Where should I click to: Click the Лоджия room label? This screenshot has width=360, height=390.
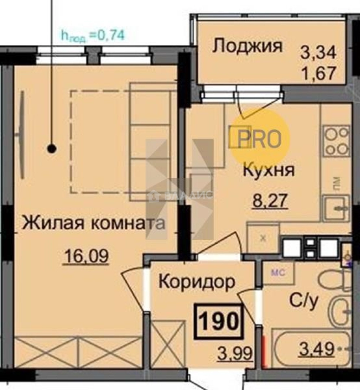click(247, 47)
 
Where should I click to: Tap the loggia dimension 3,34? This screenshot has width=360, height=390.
click(318, 53)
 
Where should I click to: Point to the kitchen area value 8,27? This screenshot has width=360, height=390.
click(270, 201)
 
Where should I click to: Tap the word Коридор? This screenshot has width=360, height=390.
click(197, 282)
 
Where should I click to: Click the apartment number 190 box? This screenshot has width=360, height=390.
click(218, 321)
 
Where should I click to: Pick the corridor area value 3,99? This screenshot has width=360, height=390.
click(235, 353)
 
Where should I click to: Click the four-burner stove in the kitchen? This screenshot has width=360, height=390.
click(336, 141)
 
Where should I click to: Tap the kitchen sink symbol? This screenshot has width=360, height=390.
click(336, 208)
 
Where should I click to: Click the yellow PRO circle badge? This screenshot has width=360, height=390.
click(260, 139)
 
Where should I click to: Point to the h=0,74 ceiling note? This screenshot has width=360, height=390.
click(93, 35)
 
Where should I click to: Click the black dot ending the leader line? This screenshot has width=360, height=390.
click(52, 148)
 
